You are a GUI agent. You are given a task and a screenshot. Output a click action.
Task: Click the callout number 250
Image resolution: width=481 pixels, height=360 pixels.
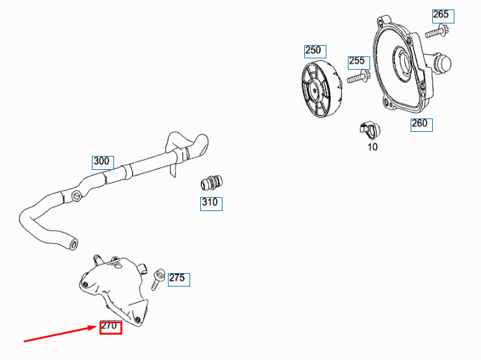pos(312,51)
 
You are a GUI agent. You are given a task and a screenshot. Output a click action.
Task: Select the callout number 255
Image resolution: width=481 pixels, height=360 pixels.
pos(357,61)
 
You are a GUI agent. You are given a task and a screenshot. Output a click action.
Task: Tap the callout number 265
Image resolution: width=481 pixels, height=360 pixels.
pos(440,15)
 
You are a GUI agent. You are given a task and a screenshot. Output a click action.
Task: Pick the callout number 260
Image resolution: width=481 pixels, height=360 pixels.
pos(420,124)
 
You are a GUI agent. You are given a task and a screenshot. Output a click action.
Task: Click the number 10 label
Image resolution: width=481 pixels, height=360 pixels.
pos(372,147)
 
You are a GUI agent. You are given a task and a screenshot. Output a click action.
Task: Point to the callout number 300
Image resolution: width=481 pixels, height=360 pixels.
pos(102,161)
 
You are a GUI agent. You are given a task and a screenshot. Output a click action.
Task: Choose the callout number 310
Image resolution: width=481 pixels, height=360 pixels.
pos(210,203)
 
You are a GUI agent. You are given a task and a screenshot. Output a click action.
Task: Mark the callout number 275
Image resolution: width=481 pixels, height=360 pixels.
pos(177,278)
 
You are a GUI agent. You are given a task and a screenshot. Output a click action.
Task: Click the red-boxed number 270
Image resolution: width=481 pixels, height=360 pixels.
pos(110,327)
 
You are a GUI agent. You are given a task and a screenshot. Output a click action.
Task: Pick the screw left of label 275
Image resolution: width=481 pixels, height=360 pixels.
pos(157,279)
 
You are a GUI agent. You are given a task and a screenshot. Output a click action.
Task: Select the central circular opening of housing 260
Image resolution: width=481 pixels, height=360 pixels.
pos(402,63)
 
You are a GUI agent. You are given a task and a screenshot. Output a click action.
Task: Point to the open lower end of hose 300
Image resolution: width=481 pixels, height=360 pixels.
pos(74,242)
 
